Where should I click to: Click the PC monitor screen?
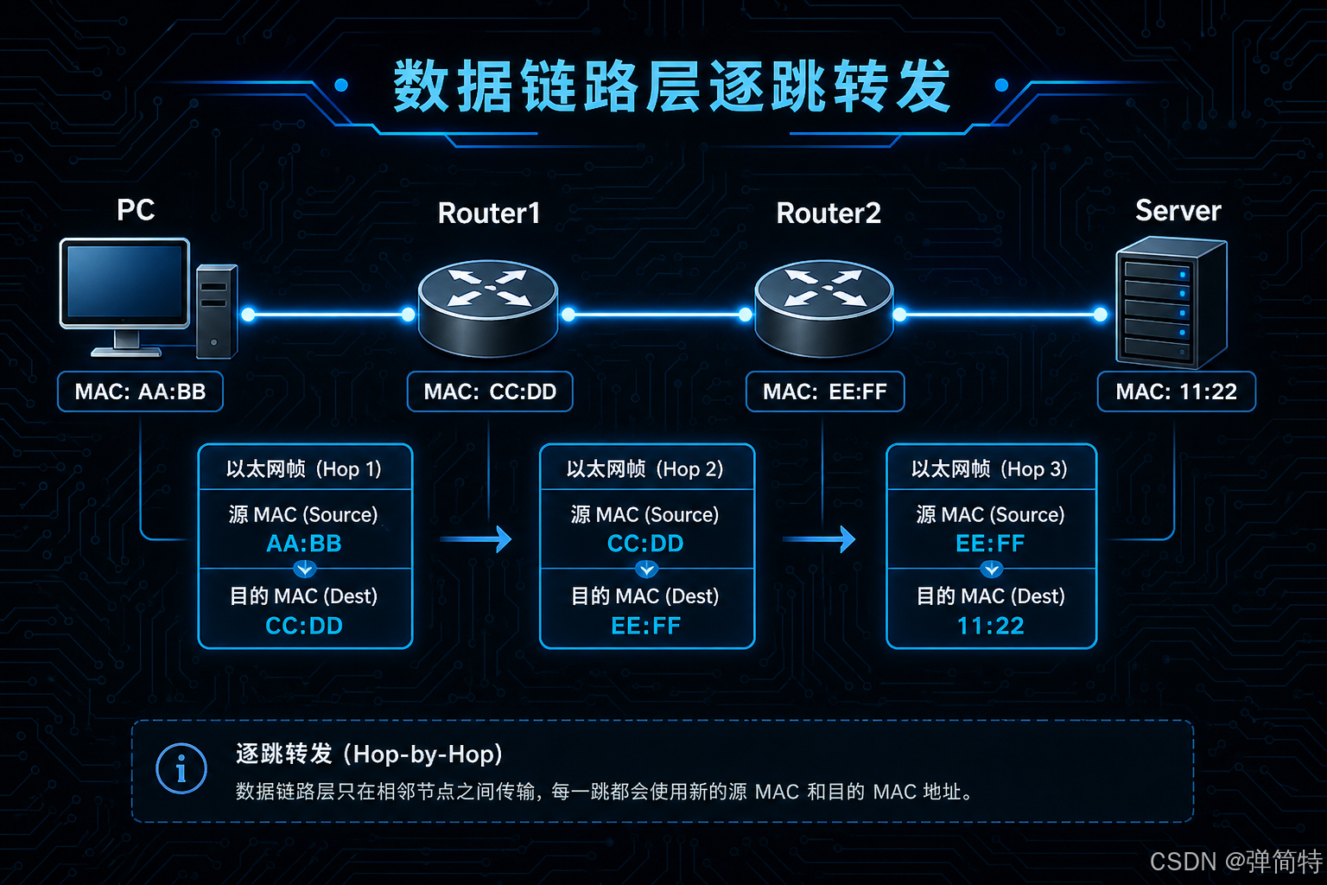pos(125,282)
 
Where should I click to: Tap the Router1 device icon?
pos(488,309)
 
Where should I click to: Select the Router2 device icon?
pos(824,309)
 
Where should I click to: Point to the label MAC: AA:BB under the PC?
pos(141,392)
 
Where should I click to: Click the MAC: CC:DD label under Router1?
pos(490,392)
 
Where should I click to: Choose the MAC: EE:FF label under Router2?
pos(825,392)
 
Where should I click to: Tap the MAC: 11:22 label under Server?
pos(1177,392)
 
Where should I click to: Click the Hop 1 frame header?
pos(304,469)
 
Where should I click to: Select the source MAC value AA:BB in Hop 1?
pos(304,544)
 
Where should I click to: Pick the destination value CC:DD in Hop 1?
pos(304,626)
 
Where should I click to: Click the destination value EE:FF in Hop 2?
pos(645,626)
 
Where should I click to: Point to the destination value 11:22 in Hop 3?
pos(991,626)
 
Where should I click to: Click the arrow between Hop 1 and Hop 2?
pos(476,539)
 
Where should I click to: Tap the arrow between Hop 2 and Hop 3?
pos(819,539)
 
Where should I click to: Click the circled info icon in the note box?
pos(181,768)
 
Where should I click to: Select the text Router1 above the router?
pos(489,213)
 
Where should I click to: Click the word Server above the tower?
pos(1178,210)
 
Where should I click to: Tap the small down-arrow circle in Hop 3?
pos(991,570)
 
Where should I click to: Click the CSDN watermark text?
pos(1235,862)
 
